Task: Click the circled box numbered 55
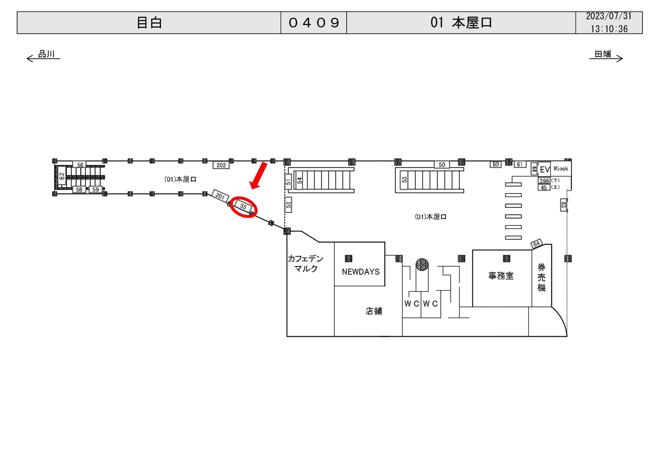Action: pos(243,206)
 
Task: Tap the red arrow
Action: pos(259,176)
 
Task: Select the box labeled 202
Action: pos(221,165)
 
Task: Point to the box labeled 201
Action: pos(220,196)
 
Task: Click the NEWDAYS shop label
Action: pos(361,272)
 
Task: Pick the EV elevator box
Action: pos(544,170)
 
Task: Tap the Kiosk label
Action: pos(561,169)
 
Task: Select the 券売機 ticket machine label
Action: pos(541,277)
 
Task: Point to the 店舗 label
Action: pos(374,311)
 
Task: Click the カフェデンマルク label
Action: pos(306,263)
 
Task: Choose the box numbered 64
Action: pos(536,244)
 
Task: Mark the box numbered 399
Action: pos(544,181)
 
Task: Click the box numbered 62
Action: pos(62,176)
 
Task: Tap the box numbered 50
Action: pos(442,165)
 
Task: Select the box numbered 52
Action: pos(288,205)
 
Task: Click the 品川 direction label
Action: pos(46,54)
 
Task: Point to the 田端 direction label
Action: pos(603,54)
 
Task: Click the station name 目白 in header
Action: pos(149,23)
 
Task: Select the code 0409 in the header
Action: pos(314,23)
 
